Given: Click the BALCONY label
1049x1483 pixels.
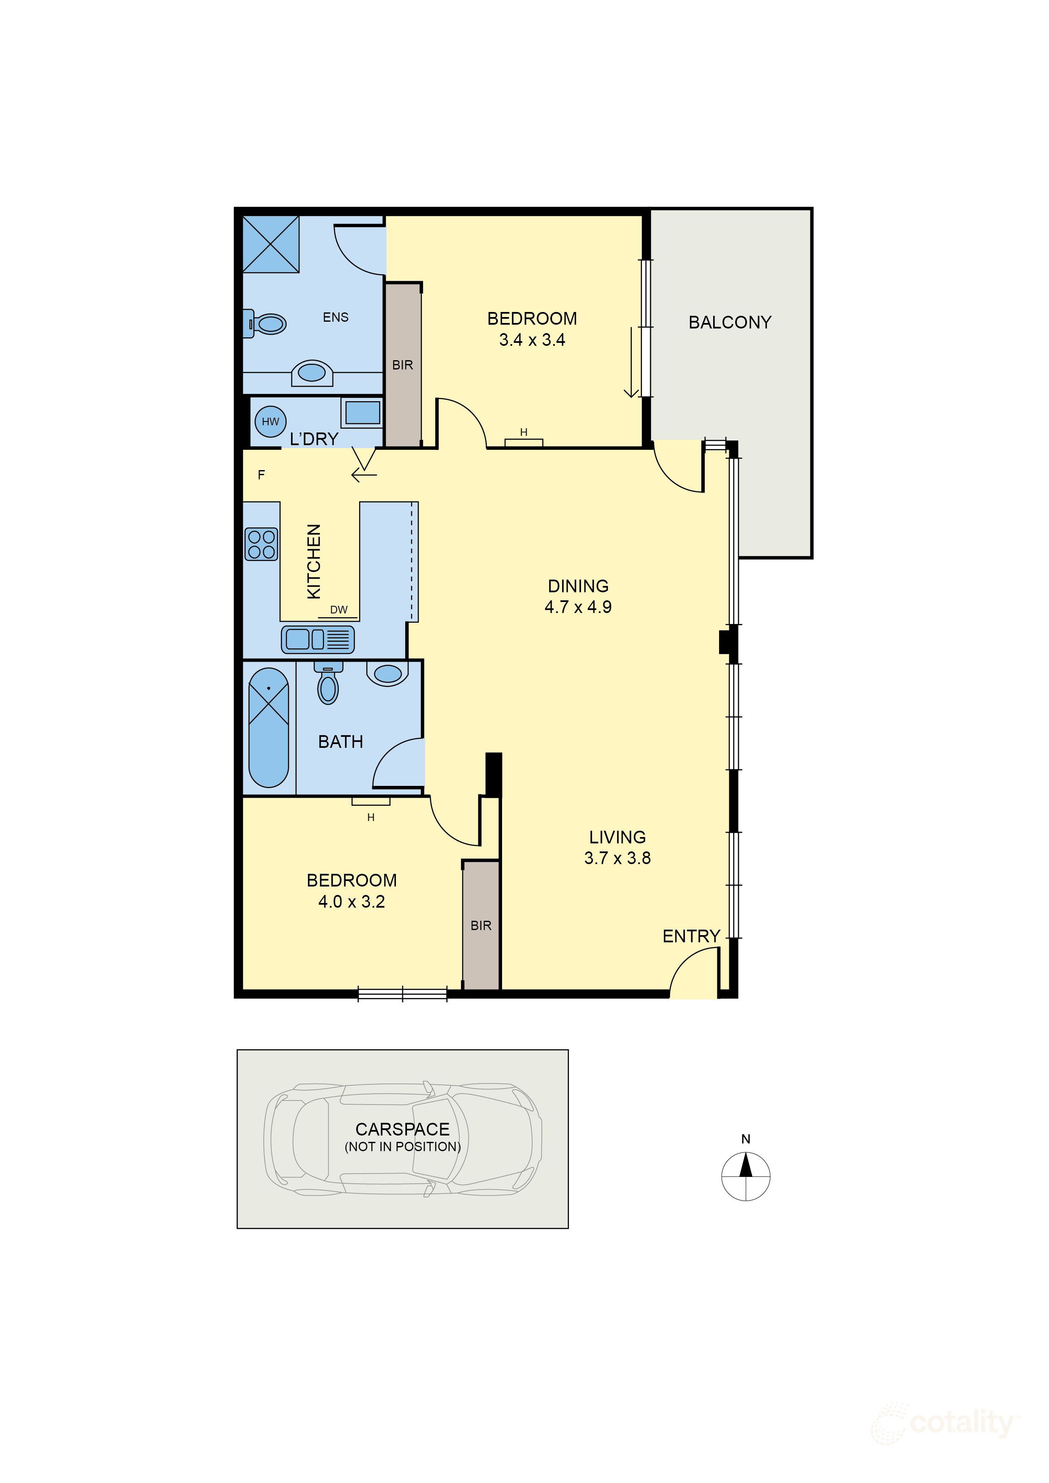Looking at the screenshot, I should (x=729, y=322).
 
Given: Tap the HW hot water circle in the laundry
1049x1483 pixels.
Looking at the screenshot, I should (x=270, y=422).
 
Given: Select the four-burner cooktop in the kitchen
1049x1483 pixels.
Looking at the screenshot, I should (x=261, y=544).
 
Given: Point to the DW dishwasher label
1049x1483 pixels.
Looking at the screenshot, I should (x=339, y=610).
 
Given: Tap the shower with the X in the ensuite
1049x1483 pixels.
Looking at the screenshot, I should (x=271, y=244).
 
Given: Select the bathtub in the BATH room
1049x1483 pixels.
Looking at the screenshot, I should (x=268, y=728).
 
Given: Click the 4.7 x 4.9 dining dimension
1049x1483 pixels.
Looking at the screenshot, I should (x=578, y=607).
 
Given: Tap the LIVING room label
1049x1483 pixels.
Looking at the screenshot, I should (x=617, y=837).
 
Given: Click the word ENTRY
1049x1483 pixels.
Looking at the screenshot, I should (x=691, y=936).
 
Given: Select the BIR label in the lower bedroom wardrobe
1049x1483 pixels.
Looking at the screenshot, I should (x=481, y=925).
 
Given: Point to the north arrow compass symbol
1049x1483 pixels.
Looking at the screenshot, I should (x=745, y=1176).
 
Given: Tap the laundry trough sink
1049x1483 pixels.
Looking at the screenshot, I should (x=362, y=412).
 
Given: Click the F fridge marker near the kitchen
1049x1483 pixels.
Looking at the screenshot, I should (x=261, y=475).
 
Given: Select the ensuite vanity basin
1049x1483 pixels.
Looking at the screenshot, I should (x=312, y=373).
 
